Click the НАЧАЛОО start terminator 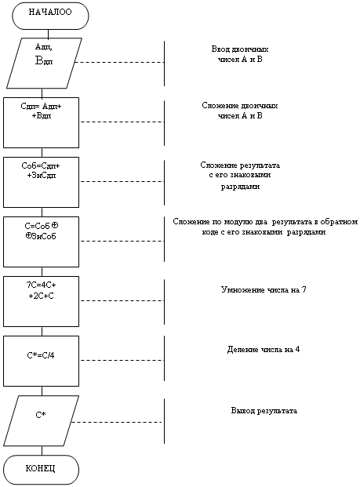51,16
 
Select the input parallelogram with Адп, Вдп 44,63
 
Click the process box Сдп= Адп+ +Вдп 41,122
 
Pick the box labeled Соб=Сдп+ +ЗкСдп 41,182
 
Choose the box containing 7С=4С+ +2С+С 41,302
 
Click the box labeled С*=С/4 41,362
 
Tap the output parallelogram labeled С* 41,421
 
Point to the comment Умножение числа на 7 264,290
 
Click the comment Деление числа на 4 264,350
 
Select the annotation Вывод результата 264,411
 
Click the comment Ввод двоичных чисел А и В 240,54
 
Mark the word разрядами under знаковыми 240,187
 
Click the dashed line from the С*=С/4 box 122,360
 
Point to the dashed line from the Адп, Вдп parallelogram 119,62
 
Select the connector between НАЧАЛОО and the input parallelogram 48,34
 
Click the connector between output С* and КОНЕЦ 42,451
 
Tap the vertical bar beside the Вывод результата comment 164,421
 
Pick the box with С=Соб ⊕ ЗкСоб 41,242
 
